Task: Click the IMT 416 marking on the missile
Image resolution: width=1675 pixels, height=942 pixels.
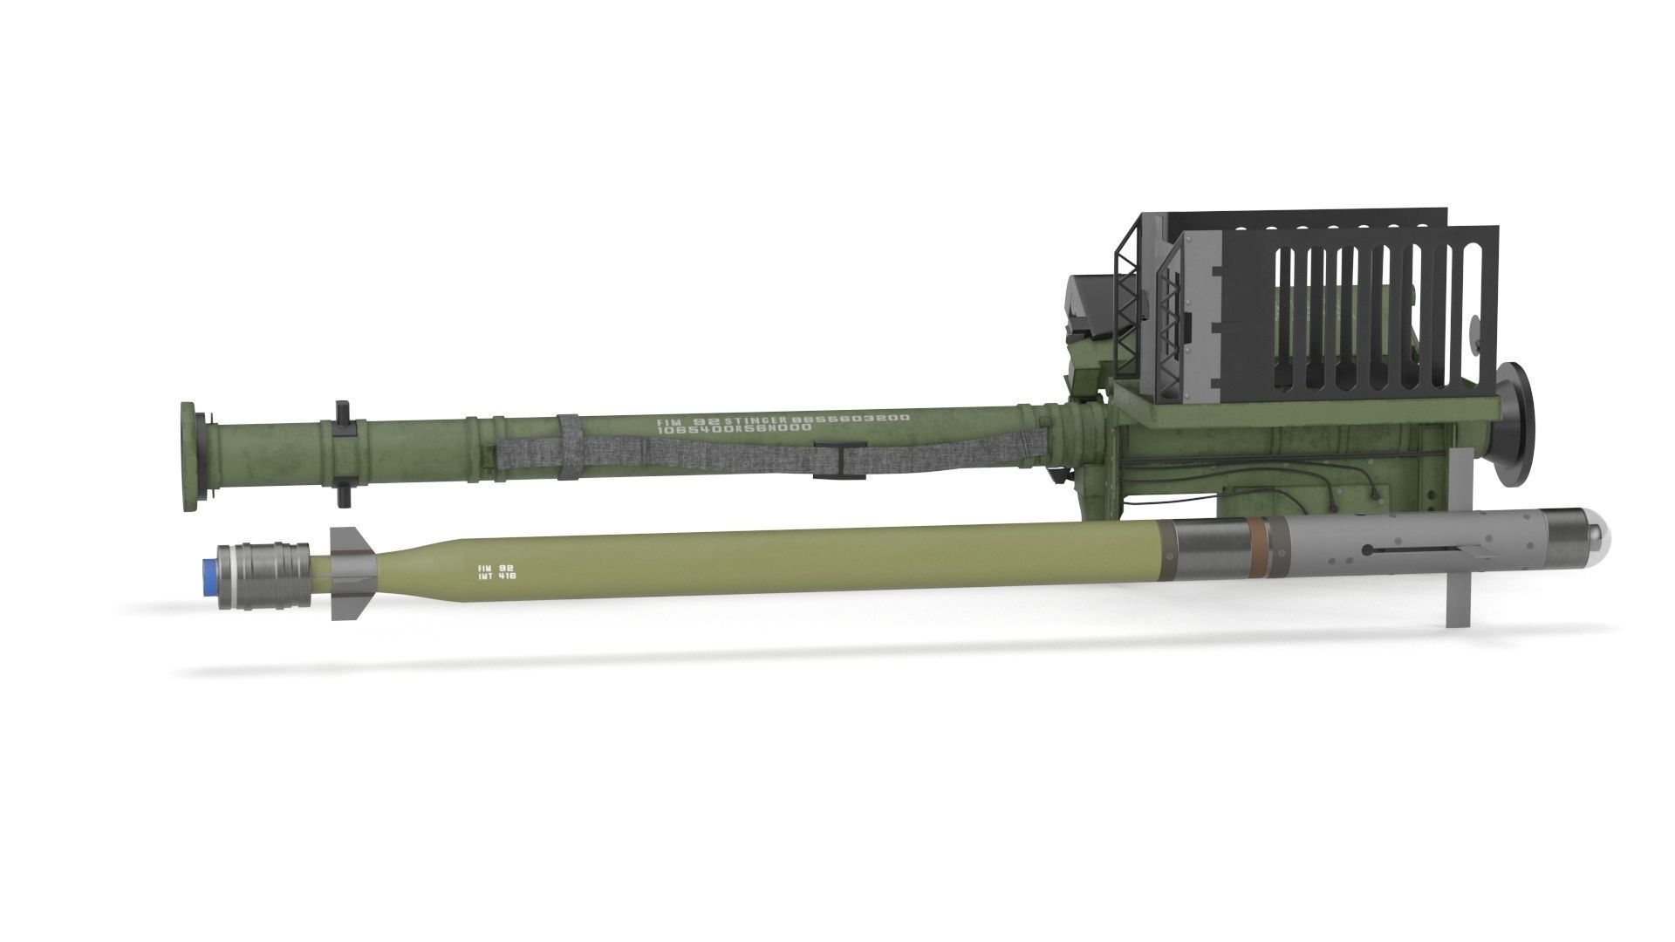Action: coord(496,577)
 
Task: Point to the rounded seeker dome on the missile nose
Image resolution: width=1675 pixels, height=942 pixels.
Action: coord(1599,545)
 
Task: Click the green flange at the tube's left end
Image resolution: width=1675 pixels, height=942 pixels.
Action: coord(188,457)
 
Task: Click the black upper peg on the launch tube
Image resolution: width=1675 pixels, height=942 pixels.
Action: coord(341,412)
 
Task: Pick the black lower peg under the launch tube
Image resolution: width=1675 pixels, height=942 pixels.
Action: coord(342,494)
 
